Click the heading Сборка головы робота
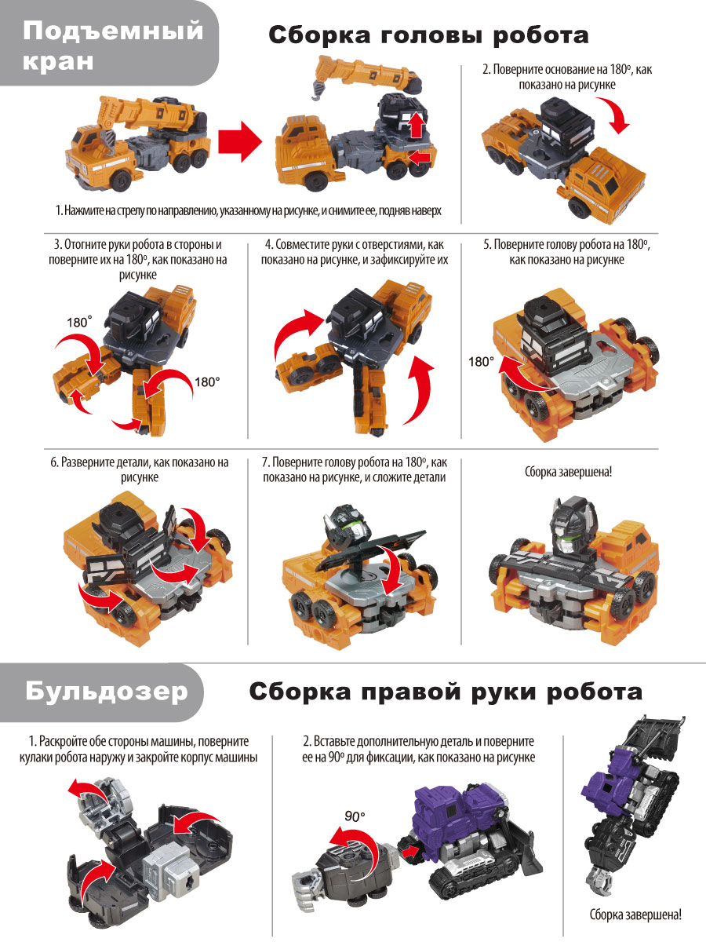[x=428, y=35]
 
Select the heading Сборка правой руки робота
[x=446, y=692]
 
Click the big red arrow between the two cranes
[x=239, y=141]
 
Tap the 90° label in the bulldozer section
[x=355, y=816]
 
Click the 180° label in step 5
[x=482, y=362]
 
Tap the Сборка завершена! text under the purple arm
[x=635, y=915]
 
